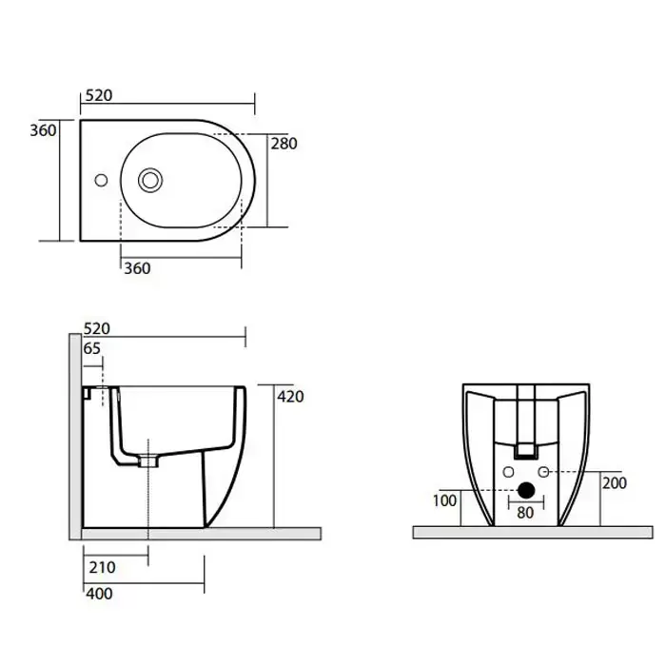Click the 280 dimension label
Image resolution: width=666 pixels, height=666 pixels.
pos(284,144)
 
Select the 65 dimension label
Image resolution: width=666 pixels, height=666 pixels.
pos(91,349)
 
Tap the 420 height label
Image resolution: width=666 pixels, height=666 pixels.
pos(290,397)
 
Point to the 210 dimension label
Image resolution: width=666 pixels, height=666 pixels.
pos(103,567)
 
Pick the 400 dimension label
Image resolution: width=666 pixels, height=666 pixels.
pos(99,594)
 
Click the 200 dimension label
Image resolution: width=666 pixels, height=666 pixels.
pos(615,483)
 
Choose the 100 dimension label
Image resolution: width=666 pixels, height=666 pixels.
pos(444,500)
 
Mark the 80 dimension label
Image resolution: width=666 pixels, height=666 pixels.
pos(525,513)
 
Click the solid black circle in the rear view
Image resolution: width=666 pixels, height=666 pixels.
pos(526,490)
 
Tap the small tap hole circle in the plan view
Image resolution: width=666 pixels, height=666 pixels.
pos(101,180)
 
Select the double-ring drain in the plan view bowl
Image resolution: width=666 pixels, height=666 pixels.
pos(150,180)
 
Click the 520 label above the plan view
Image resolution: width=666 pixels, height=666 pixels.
pos(99,95)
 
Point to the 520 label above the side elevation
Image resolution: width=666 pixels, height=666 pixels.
pos(97,329)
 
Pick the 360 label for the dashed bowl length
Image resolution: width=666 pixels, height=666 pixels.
pos(137,268)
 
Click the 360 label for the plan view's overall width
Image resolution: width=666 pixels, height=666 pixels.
pos(43,130)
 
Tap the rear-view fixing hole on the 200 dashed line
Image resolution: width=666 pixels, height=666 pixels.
pos(543,472)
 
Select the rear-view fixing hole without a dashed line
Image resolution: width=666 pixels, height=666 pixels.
pos(508,472)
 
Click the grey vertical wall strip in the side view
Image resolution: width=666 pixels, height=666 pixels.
pos(75,437)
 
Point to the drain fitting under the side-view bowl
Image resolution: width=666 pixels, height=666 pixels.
pos(147,461)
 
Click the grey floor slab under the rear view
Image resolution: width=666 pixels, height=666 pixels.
pos(533,533)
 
